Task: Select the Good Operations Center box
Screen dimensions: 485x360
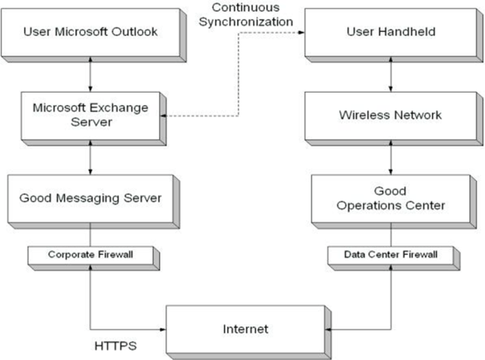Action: [x=394, y=202]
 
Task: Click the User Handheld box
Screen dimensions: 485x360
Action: [x=394, y=35]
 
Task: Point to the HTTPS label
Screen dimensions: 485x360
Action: [x=116, y=346]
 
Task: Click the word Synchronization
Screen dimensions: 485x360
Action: [x=246, y=22]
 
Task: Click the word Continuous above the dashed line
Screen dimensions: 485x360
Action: [x=245, y=7]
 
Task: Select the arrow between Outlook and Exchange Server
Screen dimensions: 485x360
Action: [x=90, y=74]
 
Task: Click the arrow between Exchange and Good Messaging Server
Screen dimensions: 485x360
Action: [x=90, y=158]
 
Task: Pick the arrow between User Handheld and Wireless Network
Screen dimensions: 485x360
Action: [x=391, y=74]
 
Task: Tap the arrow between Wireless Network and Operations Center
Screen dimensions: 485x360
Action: [x=391, y=158]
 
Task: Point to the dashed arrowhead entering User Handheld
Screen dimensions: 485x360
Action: [x=301, y=32]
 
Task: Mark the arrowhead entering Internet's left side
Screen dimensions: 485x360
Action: [x=163, y=329]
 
